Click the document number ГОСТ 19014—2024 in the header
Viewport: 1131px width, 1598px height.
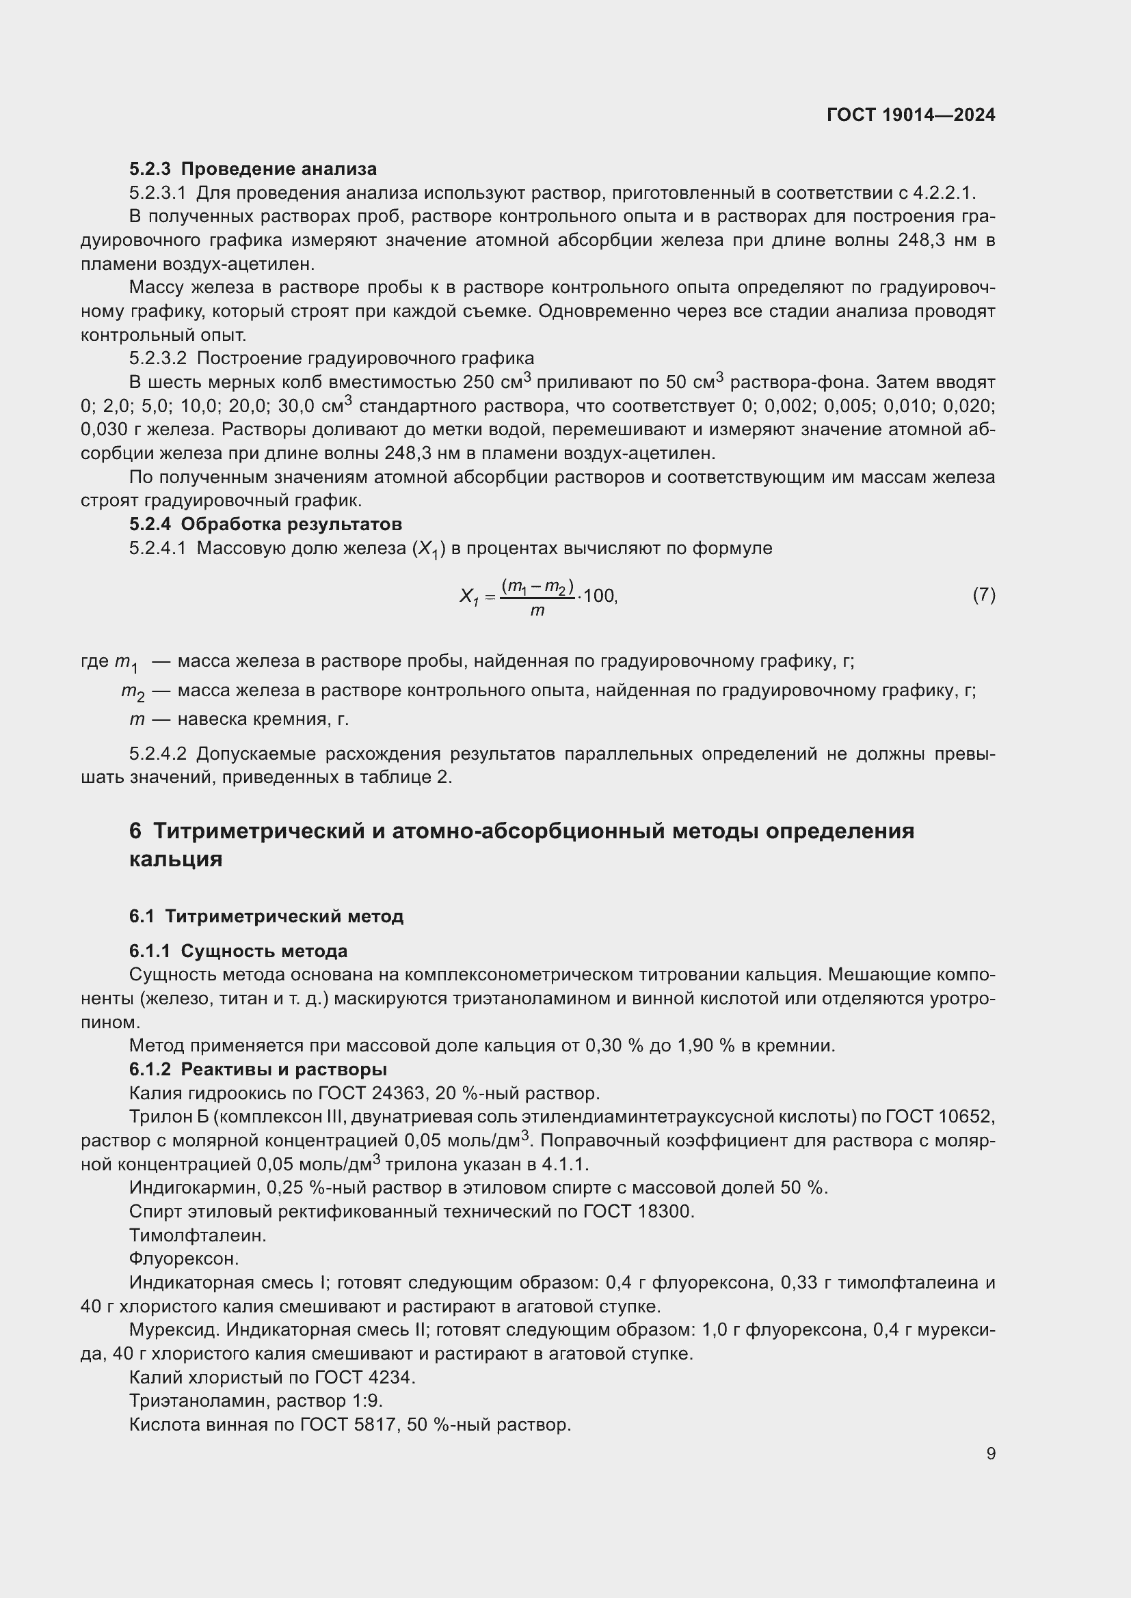[910, 115]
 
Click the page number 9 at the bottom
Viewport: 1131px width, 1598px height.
[990, 1453]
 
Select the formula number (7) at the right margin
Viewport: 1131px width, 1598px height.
[983, 594]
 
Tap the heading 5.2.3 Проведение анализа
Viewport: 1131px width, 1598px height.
[253, 169]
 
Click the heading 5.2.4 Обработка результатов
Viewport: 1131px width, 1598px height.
[265, 523]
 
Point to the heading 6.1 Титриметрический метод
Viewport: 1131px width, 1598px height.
[266, 916]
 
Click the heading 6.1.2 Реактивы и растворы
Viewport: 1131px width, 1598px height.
[258, 1069]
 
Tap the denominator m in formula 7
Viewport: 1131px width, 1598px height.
[537, 611]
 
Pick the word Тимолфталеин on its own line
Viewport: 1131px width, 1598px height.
[198, 1235]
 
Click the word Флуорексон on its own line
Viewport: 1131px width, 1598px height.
[184, 1258]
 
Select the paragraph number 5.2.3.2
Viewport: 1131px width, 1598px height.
[158, 358]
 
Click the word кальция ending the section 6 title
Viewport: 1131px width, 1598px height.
[176, 859]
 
